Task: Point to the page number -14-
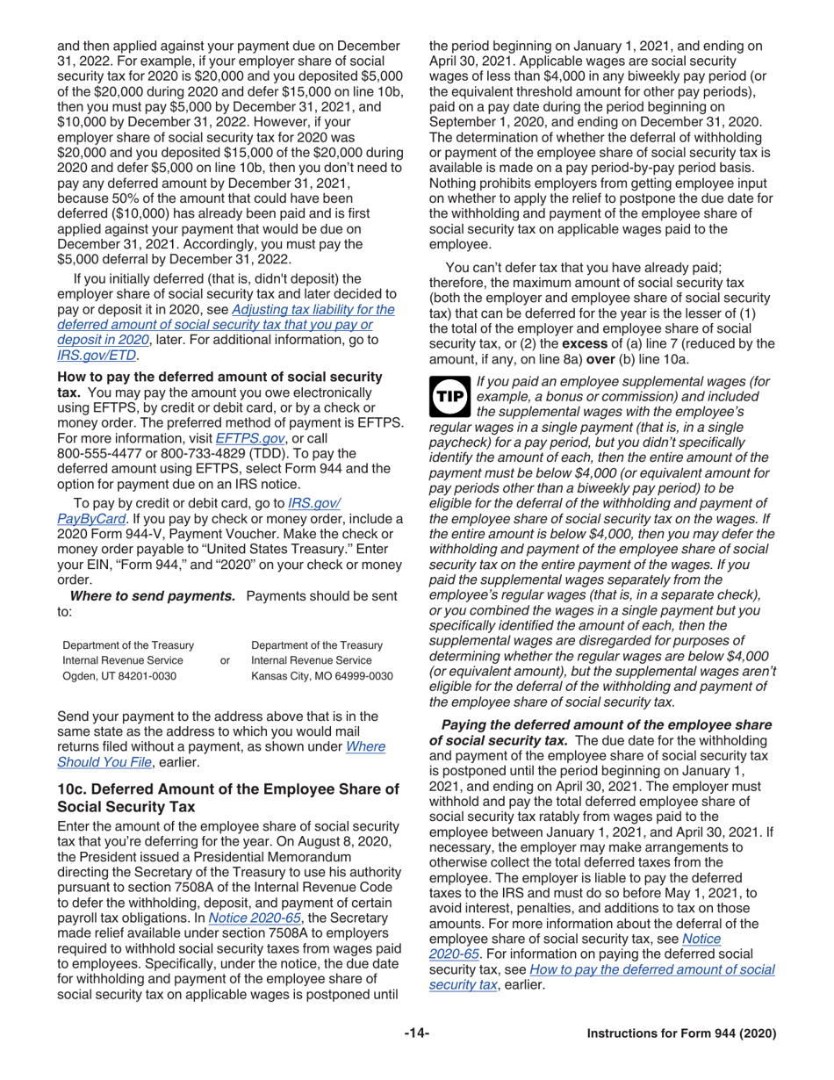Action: (416, 1033)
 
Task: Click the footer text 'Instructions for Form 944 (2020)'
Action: (681, 1033)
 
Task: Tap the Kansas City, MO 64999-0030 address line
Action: (321, 677)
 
